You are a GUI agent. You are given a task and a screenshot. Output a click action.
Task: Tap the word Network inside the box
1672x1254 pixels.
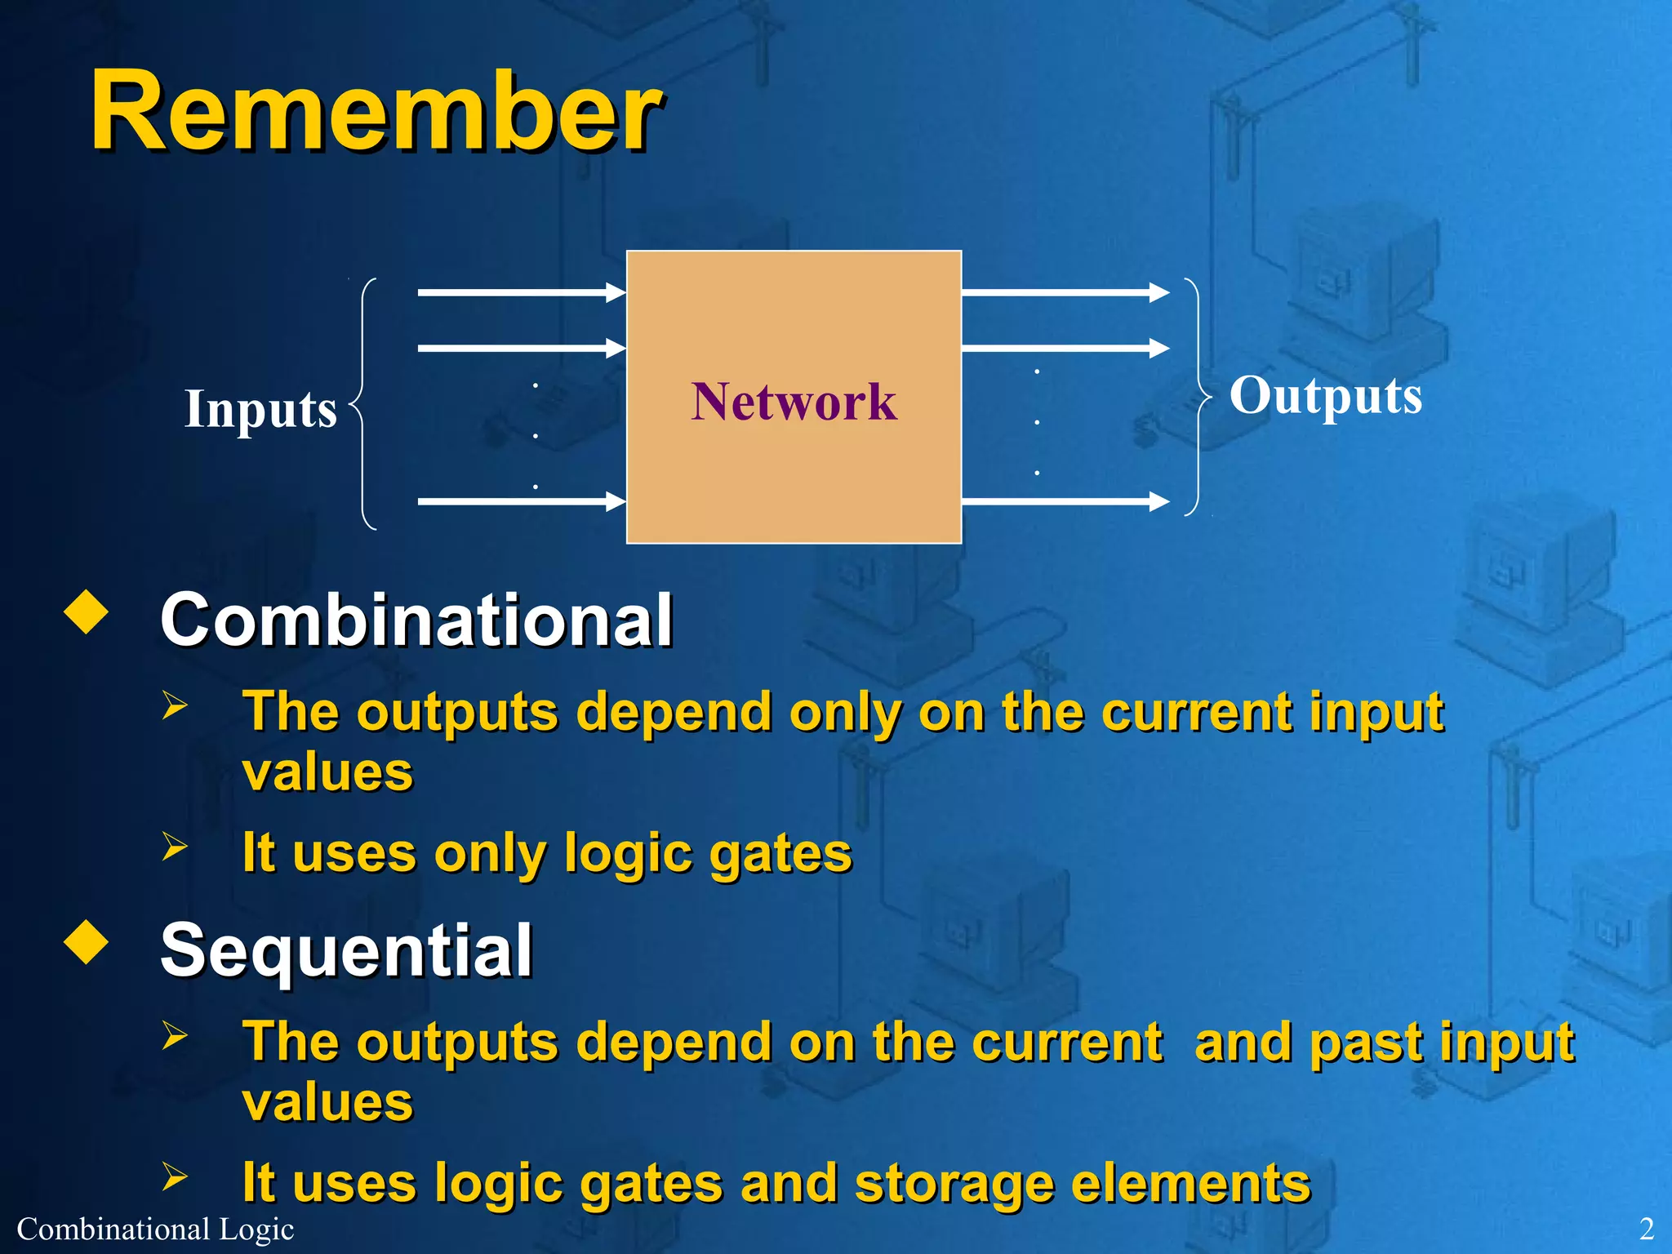click(x=794, y=402)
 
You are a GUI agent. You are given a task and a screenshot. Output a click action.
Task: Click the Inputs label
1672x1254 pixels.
click(x=260, y=408)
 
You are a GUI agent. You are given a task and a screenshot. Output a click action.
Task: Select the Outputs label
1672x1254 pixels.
click(x=1326, y=396)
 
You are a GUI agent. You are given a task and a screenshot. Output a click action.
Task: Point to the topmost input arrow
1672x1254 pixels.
click(x=521, y=291)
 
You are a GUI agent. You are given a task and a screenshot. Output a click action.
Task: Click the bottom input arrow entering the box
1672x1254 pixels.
click(x=521, y=500)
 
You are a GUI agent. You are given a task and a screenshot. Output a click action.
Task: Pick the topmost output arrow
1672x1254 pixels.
click(x=1065, y=291)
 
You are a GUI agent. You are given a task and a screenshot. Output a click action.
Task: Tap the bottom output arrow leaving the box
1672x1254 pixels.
click(x=1065, y=500)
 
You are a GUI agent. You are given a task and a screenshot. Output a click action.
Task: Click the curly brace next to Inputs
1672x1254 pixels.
click(x=363, y=404)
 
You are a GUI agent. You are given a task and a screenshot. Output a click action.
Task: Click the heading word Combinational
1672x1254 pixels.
click(x=416, y=620)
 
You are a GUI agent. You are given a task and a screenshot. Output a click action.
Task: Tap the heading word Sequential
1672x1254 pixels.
click(x=346, y=950)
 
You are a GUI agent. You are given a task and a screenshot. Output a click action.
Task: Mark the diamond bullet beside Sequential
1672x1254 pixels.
click(x=86, y=942)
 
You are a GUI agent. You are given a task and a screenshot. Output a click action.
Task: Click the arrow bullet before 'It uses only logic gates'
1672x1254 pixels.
click(x=174, y=847)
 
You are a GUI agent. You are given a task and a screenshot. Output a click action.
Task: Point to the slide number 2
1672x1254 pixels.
click(x=1646, y=1229)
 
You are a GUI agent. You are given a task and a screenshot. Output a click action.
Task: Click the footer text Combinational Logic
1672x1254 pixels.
click(x=155, y=1229)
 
